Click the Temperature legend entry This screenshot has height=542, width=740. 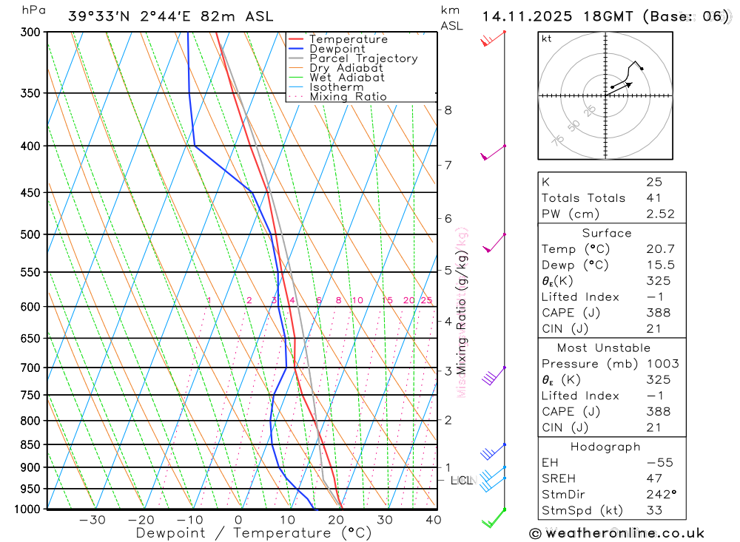(x=348, y=39)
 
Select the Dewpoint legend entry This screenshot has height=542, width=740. (x=337, y=49)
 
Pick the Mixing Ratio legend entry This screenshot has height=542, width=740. (x=348, y=96)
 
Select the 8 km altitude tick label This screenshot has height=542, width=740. (x=448, y=110)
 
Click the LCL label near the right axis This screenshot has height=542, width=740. (x=461, y=481)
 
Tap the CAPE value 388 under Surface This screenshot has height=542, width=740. (x=657, y=313)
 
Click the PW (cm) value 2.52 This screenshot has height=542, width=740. (x=660, y=214)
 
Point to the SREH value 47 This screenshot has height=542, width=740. (x=653, y=478)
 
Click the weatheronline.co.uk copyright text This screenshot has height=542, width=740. (x=616, y=532)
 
